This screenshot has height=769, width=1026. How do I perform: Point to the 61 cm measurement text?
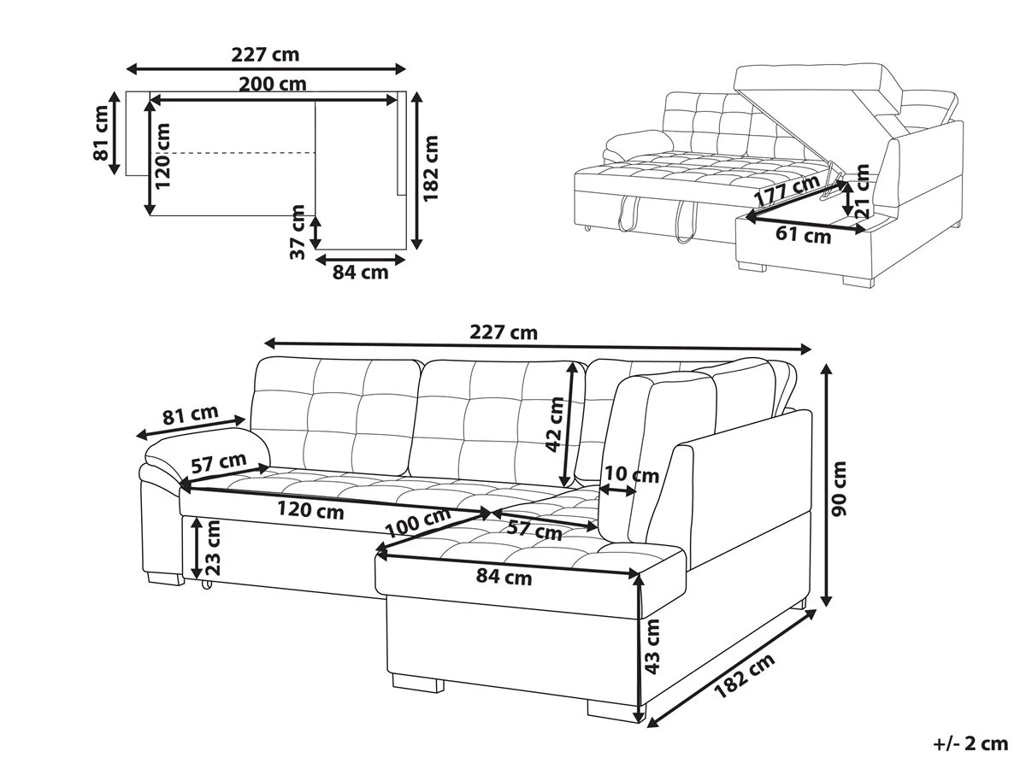[x=805, y=234]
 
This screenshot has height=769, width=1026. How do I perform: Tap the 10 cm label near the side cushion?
[x=632, y=474]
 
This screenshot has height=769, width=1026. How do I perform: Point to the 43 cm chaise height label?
[x=653, y=647]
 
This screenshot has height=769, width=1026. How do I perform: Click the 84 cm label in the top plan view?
[x=360, y=273]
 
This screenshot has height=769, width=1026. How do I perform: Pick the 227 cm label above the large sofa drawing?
[x=504, y=332]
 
